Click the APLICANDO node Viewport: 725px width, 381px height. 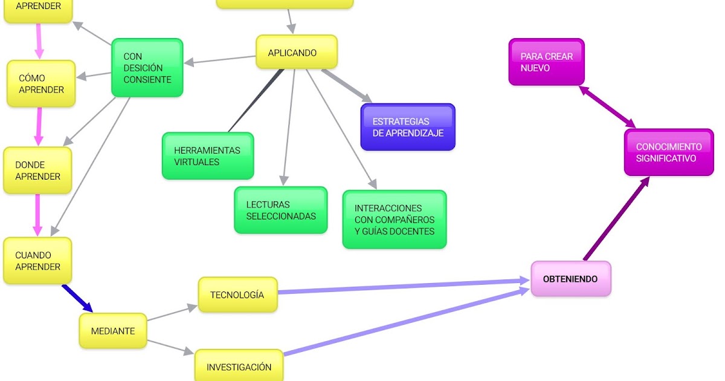(x=296, y=52)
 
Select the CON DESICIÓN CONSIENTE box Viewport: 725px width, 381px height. (x=147, y=68)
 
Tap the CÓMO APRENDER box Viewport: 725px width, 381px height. (x=41, y=83)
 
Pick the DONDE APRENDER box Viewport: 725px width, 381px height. (x=37, y=171)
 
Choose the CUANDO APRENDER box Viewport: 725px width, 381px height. (x=37, y=261)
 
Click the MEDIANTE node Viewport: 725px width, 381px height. (x=113, y=331)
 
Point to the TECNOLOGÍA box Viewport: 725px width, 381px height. (x=237, y=295)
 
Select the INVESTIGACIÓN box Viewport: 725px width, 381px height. (x=239, y=366)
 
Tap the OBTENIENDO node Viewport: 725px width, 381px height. (x=570, y=279)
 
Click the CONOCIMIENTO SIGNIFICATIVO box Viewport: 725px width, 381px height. (x=668, y=152)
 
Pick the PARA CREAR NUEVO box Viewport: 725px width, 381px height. (x=546, y=62)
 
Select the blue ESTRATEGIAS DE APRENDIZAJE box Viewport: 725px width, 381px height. (x=408, y=127)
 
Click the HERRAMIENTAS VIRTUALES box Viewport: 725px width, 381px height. (x=208, y=156)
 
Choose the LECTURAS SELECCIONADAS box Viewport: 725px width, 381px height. (x=281, y=210)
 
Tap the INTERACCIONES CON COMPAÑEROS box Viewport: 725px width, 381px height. (x=395, y=219)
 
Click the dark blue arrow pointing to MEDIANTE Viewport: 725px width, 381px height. (x=77, y=298)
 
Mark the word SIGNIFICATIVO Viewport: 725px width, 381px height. (x=666, y=158)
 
